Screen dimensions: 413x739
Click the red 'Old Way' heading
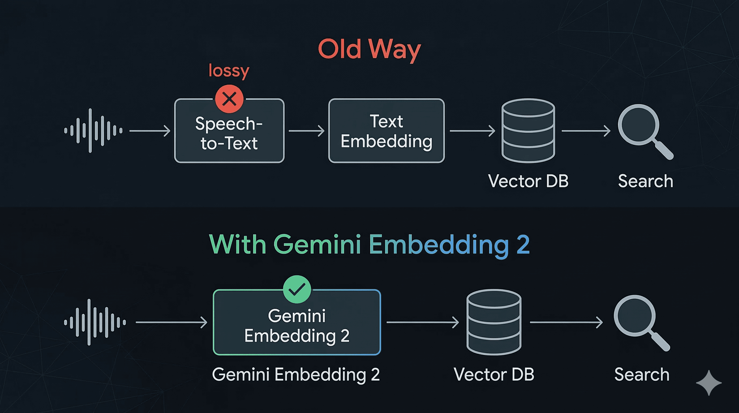pos(369,49)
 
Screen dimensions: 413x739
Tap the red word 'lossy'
pos(229,70)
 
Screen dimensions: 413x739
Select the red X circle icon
pos(229,99)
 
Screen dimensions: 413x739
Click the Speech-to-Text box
pos(229,135)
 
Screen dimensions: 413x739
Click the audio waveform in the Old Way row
pos(93,131)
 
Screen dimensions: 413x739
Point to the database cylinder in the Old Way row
pos(528,131)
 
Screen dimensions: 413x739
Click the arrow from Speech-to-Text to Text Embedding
pos(306,131)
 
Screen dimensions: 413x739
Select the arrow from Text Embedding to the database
pos(472,131)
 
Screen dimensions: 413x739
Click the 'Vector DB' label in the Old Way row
pos(528,181)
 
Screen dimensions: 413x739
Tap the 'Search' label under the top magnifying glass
pos(646,181)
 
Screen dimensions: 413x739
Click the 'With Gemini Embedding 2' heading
pos(369,245)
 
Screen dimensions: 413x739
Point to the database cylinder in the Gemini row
pos(494,322)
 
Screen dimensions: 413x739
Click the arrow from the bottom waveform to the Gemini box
pos(171,322)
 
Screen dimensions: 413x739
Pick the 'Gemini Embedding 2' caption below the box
pos(296,375)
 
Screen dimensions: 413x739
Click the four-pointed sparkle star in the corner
pos(709,383)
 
